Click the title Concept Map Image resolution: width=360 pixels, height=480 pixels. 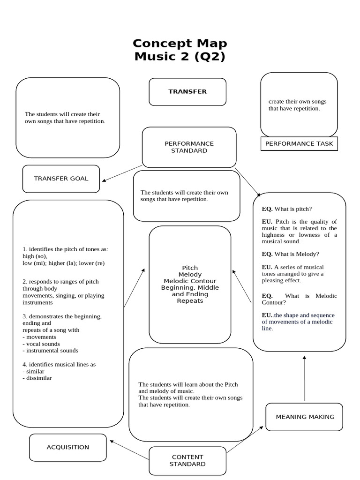click(x=180, y=43)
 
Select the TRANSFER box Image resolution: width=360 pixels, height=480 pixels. click(x=187, y=92)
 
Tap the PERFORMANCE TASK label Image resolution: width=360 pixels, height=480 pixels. click(x=299, y=144)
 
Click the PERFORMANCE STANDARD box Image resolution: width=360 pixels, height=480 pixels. click(x=189, y=147)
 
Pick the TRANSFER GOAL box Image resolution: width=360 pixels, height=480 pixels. click(x=61, y=179)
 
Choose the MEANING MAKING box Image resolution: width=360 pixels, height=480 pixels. click(x=305, y=417)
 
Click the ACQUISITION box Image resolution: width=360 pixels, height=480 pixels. click(x=68, y=447)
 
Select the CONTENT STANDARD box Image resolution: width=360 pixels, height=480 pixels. click(x=187, y=460)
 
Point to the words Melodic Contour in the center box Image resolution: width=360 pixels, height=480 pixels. click(x=190, y=281)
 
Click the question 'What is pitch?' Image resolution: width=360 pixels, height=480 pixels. click(x=293, y=209)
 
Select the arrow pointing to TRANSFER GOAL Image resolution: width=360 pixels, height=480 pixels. click(x=122, y=173)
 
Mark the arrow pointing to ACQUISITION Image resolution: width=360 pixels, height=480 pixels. click(x=129, y=449)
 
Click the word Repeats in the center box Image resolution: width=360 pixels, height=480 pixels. click(x=190, y=301)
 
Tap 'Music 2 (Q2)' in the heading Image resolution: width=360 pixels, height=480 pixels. click(x=180, y=57)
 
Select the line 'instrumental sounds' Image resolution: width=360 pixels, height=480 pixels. click(x=52, y=351)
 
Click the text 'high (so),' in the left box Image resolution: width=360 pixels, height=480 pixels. click(x=35, y=256)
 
